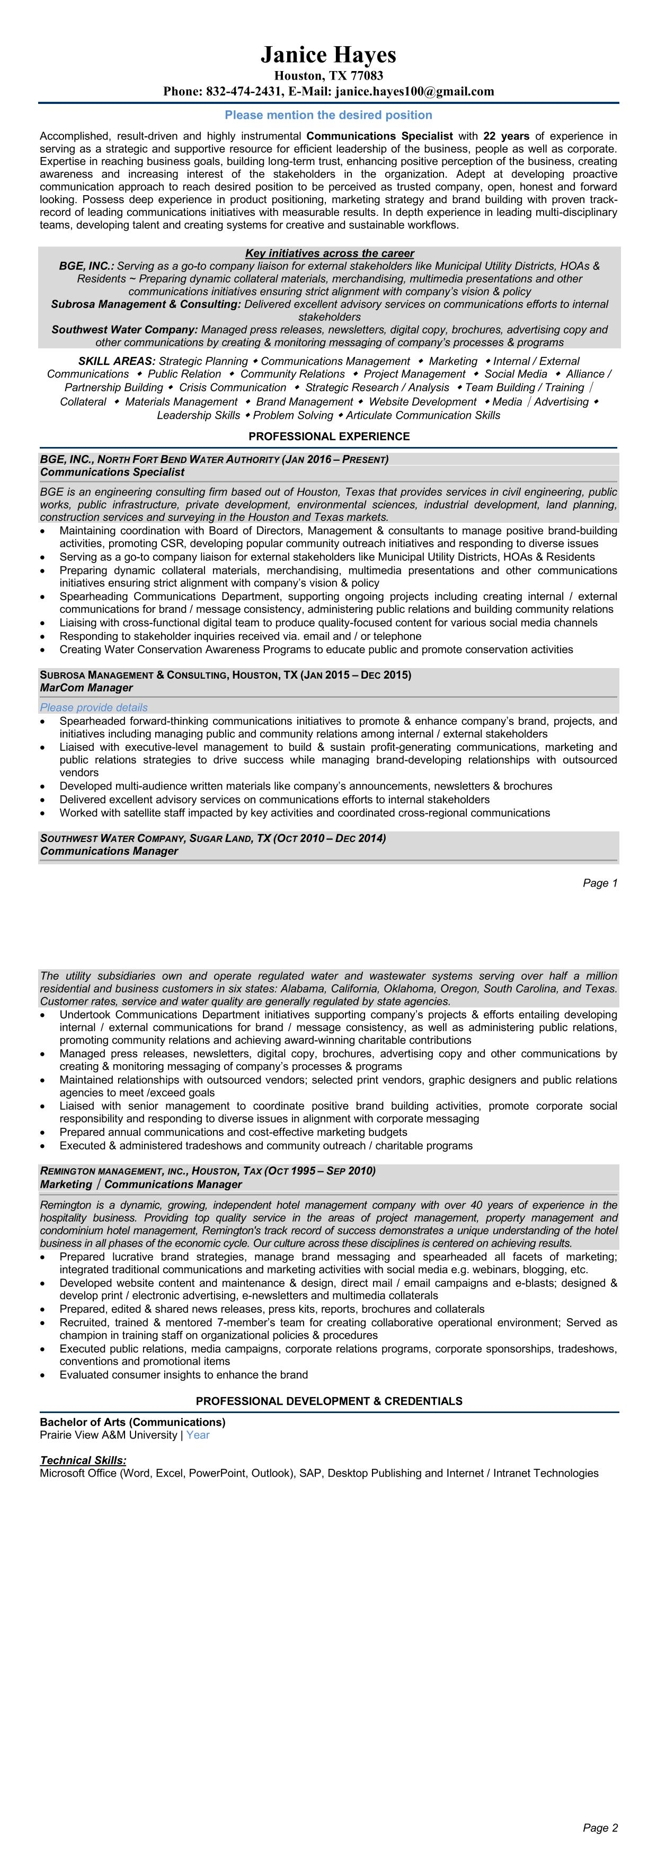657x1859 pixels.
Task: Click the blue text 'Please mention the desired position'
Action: [328, 115]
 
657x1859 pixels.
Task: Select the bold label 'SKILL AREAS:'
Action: [117, 361]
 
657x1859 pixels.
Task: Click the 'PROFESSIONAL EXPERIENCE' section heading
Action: [329, 436]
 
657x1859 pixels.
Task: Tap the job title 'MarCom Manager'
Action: [86, 688]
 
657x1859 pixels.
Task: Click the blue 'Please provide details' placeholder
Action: [94, 708]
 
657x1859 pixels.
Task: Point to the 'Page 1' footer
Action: [600, 883]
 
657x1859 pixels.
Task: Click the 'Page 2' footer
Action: [600, 1828]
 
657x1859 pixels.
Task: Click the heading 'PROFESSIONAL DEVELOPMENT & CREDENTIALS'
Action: [329, 1401]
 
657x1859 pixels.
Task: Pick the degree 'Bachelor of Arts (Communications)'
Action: [132, 1423]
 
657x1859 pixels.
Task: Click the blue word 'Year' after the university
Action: [198, 1435]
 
